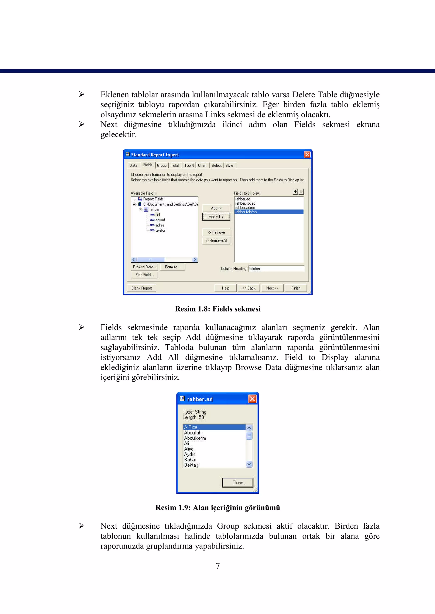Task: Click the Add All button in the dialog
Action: [216, 217]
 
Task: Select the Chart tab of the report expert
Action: [202, 166]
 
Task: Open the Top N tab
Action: [189, 166]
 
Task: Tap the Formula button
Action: [172, 267]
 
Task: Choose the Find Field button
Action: [144, 275]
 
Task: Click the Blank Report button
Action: [141, 288]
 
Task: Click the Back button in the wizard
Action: [249, 288]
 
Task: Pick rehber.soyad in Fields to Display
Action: [245, 203]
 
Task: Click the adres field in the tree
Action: [160, 225]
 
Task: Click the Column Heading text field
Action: [276, 269]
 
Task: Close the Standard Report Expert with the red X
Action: [307, 155]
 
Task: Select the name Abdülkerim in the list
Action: [195, 438]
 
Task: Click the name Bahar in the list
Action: [190, 460]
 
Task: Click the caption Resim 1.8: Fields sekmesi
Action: [217, 309]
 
